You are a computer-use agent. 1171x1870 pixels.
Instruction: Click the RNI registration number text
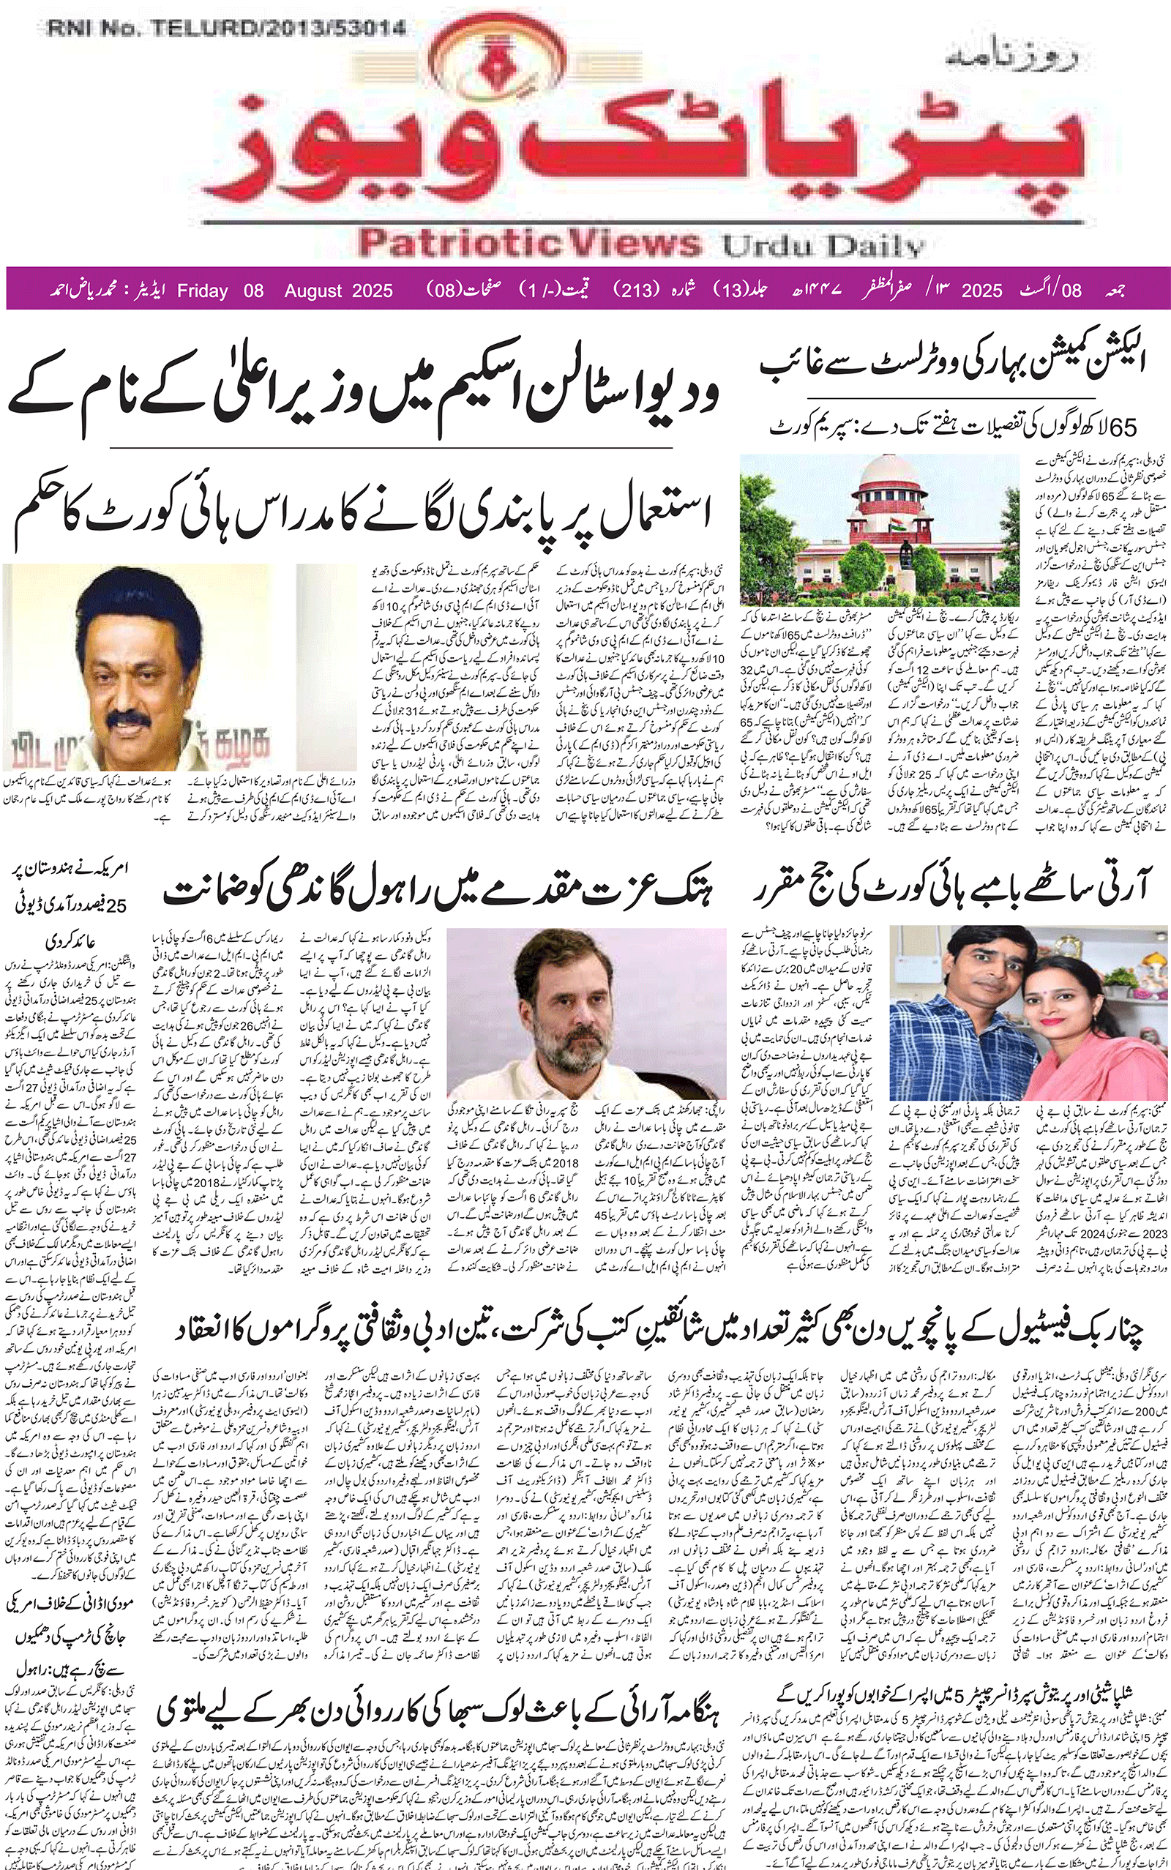click(x=226, y=29)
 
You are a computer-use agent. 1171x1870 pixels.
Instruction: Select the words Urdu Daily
click(x=823, y=246)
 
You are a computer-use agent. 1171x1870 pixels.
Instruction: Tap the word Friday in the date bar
click(x=202, y=291)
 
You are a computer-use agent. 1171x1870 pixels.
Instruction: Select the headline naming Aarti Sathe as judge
click(x=953, y=891)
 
